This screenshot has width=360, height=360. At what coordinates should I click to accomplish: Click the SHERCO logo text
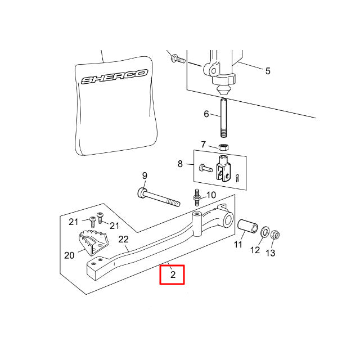click(x=114, y=76)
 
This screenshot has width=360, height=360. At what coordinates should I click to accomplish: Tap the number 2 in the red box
click(x=173, y=275)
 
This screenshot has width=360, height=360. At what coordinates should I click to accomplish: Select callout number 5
click(x=268, y=71)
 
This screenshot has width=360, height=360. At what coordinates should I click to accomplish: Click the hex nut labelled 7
click(x=223, y=147)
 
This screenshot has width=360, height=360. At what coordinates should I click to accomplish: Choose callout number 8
click(x=180, y=164)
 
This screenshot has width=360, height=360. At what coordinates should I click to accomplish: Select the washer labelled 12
click(x=263, y=232)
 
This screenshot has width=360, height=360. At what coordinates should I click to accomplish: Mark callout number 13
click(x=271, y=253)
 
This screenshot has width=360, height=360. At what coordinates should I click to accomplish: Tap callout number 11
click(x=238, y=245)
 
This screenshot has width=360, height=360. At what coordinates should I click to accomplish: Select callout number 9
click(x=144, y=175)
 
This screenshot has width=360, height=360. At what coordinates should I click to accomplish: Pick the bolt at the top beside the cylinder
click(x=177, y=58)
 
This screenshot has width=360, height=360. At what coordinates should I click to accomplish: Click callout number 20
click(x=69, y=255)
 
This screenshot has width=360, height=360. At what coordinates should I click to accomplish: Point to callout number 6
click(x=206, y=114)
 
